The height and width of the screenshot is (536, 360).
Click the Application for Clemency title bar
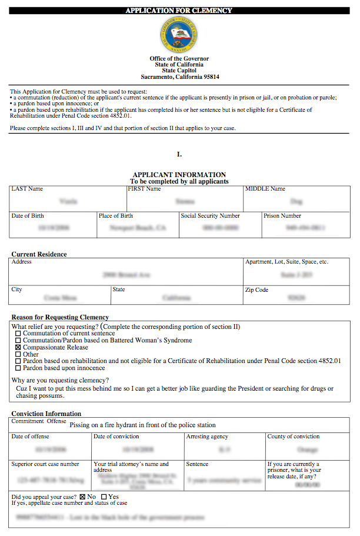[x=179, y=11]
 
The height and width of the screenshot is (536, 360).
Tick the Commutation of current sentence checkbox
[x=18, y=334]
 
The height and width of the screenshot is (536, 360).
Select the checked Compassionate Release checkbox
[x=18, y=348]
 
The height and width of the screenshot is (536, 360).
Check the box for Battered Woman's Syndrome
[x=18, y=341]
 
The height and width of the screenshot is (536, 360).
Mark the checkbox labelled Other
[x=18, y=355]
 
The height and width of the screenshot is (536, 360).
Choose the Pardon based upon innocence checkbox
[x=18, y=368]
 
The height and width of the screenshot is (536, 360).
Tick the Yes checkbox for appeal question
[x=104, y=497]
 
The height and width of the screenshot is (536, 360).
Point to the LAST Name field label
[x=27, y=189]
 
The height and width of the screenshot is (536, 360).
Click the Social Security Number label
[x=210, y=216]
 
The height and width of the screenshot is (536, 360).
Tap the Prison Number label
[x=282, y=216]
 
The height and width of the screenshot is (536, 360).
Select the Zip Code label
[x=256, y=290]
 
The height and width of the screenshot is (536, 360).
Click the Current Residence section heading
[x=39, y=254]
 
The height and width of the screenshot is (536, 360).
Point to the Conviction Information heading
[x=46, y=414]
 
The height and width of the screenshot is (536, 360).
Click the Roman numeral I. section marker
[x=179, y=154]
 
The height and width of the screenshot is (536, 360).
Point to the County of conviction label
[x=294, y=437]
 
